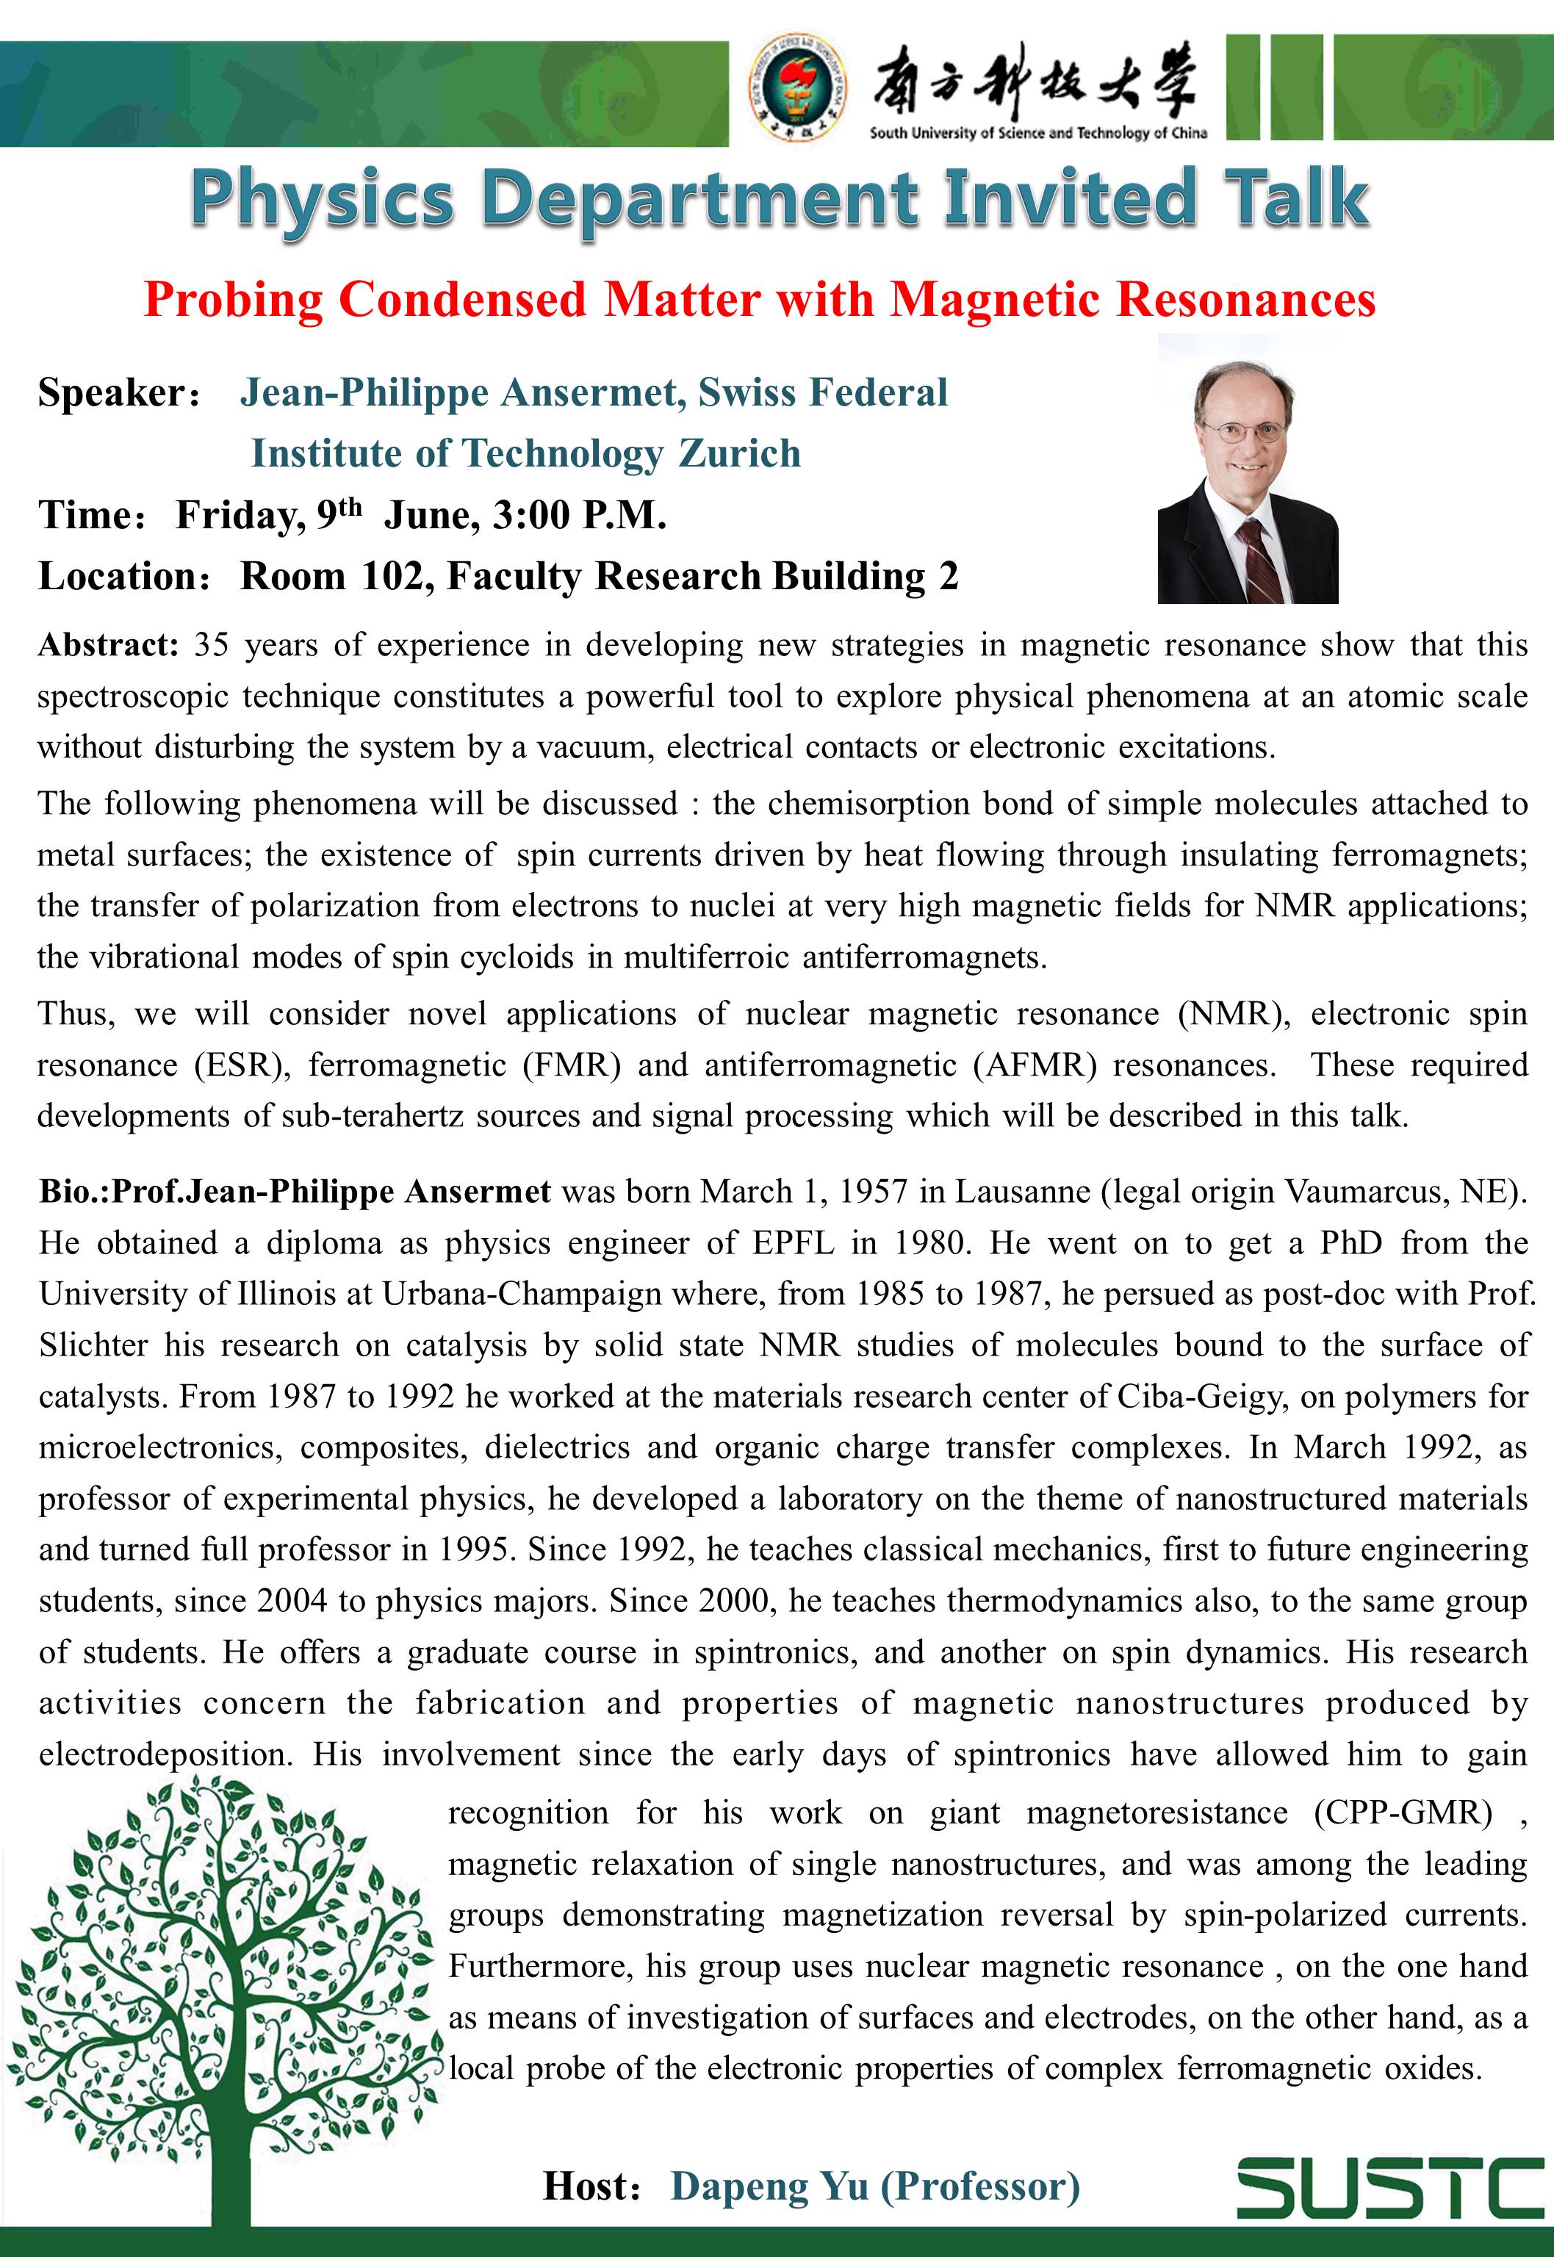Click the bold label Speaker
click(x=112, y=392)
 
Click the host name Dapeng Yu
click(x=769, y=2185)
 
